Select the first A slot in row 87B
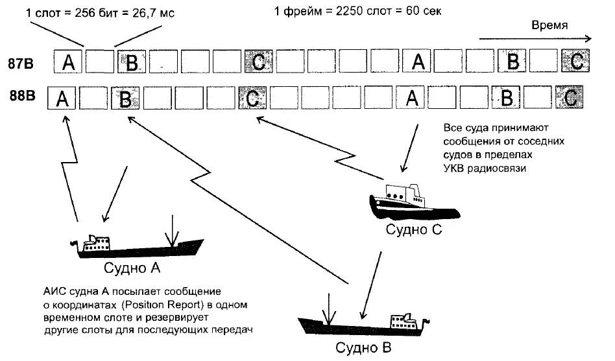click(x=67, y=63)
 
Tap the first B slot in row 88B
click(x=126, y=99)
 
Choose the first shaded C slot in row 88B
click(x=253, y=98)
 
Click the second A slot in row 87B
click(x=418, y=62)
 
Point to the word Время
click(x=550, y=25)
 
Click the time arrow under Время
click(x=535, y=39)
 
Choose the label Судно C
click(x=414, y=229)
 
